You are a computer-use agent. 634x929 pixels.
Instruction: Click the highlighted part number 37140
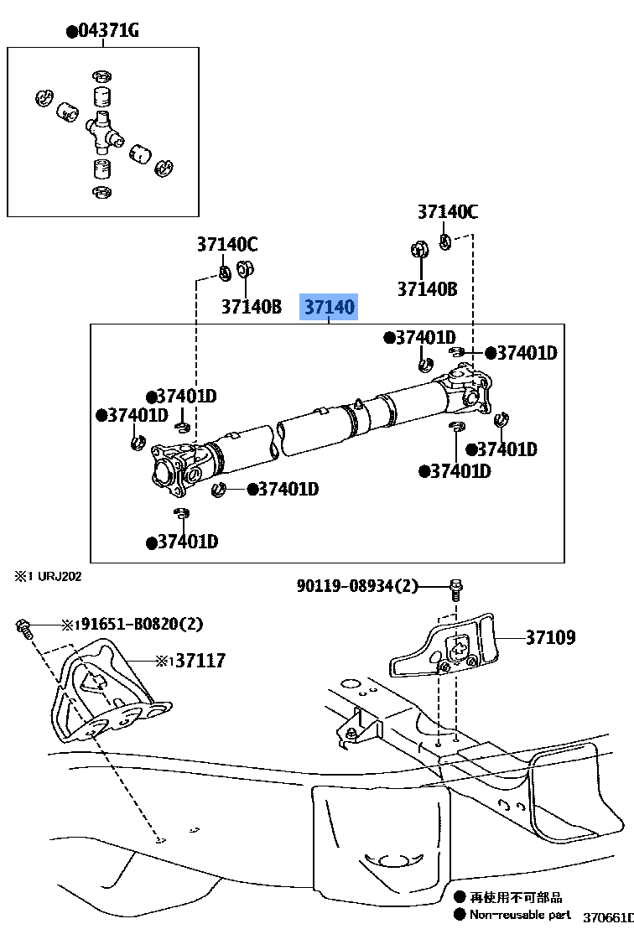(329, 308)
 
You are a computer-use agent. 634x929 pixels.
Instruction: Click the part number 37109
(550, 638)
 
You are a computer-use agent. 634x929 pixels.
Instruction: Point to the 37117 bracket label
(196, 662)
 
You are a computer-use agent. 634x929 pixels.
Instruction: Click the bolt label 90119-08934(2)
(356, 586)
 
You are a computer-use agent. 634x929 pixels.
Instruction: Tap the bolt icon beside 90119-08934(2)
(455, 588)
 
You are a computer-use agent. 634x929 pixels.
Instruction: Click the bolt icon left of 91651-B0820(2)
(23, 627)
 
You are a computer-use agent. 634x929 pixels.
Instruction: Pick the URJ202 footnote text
(47, 576)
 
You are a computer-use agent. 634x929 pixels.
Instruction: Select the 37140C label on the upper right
(447, 212)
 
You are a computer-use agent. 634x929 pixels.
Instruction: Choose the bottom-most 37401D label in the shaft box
(183, 542)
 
